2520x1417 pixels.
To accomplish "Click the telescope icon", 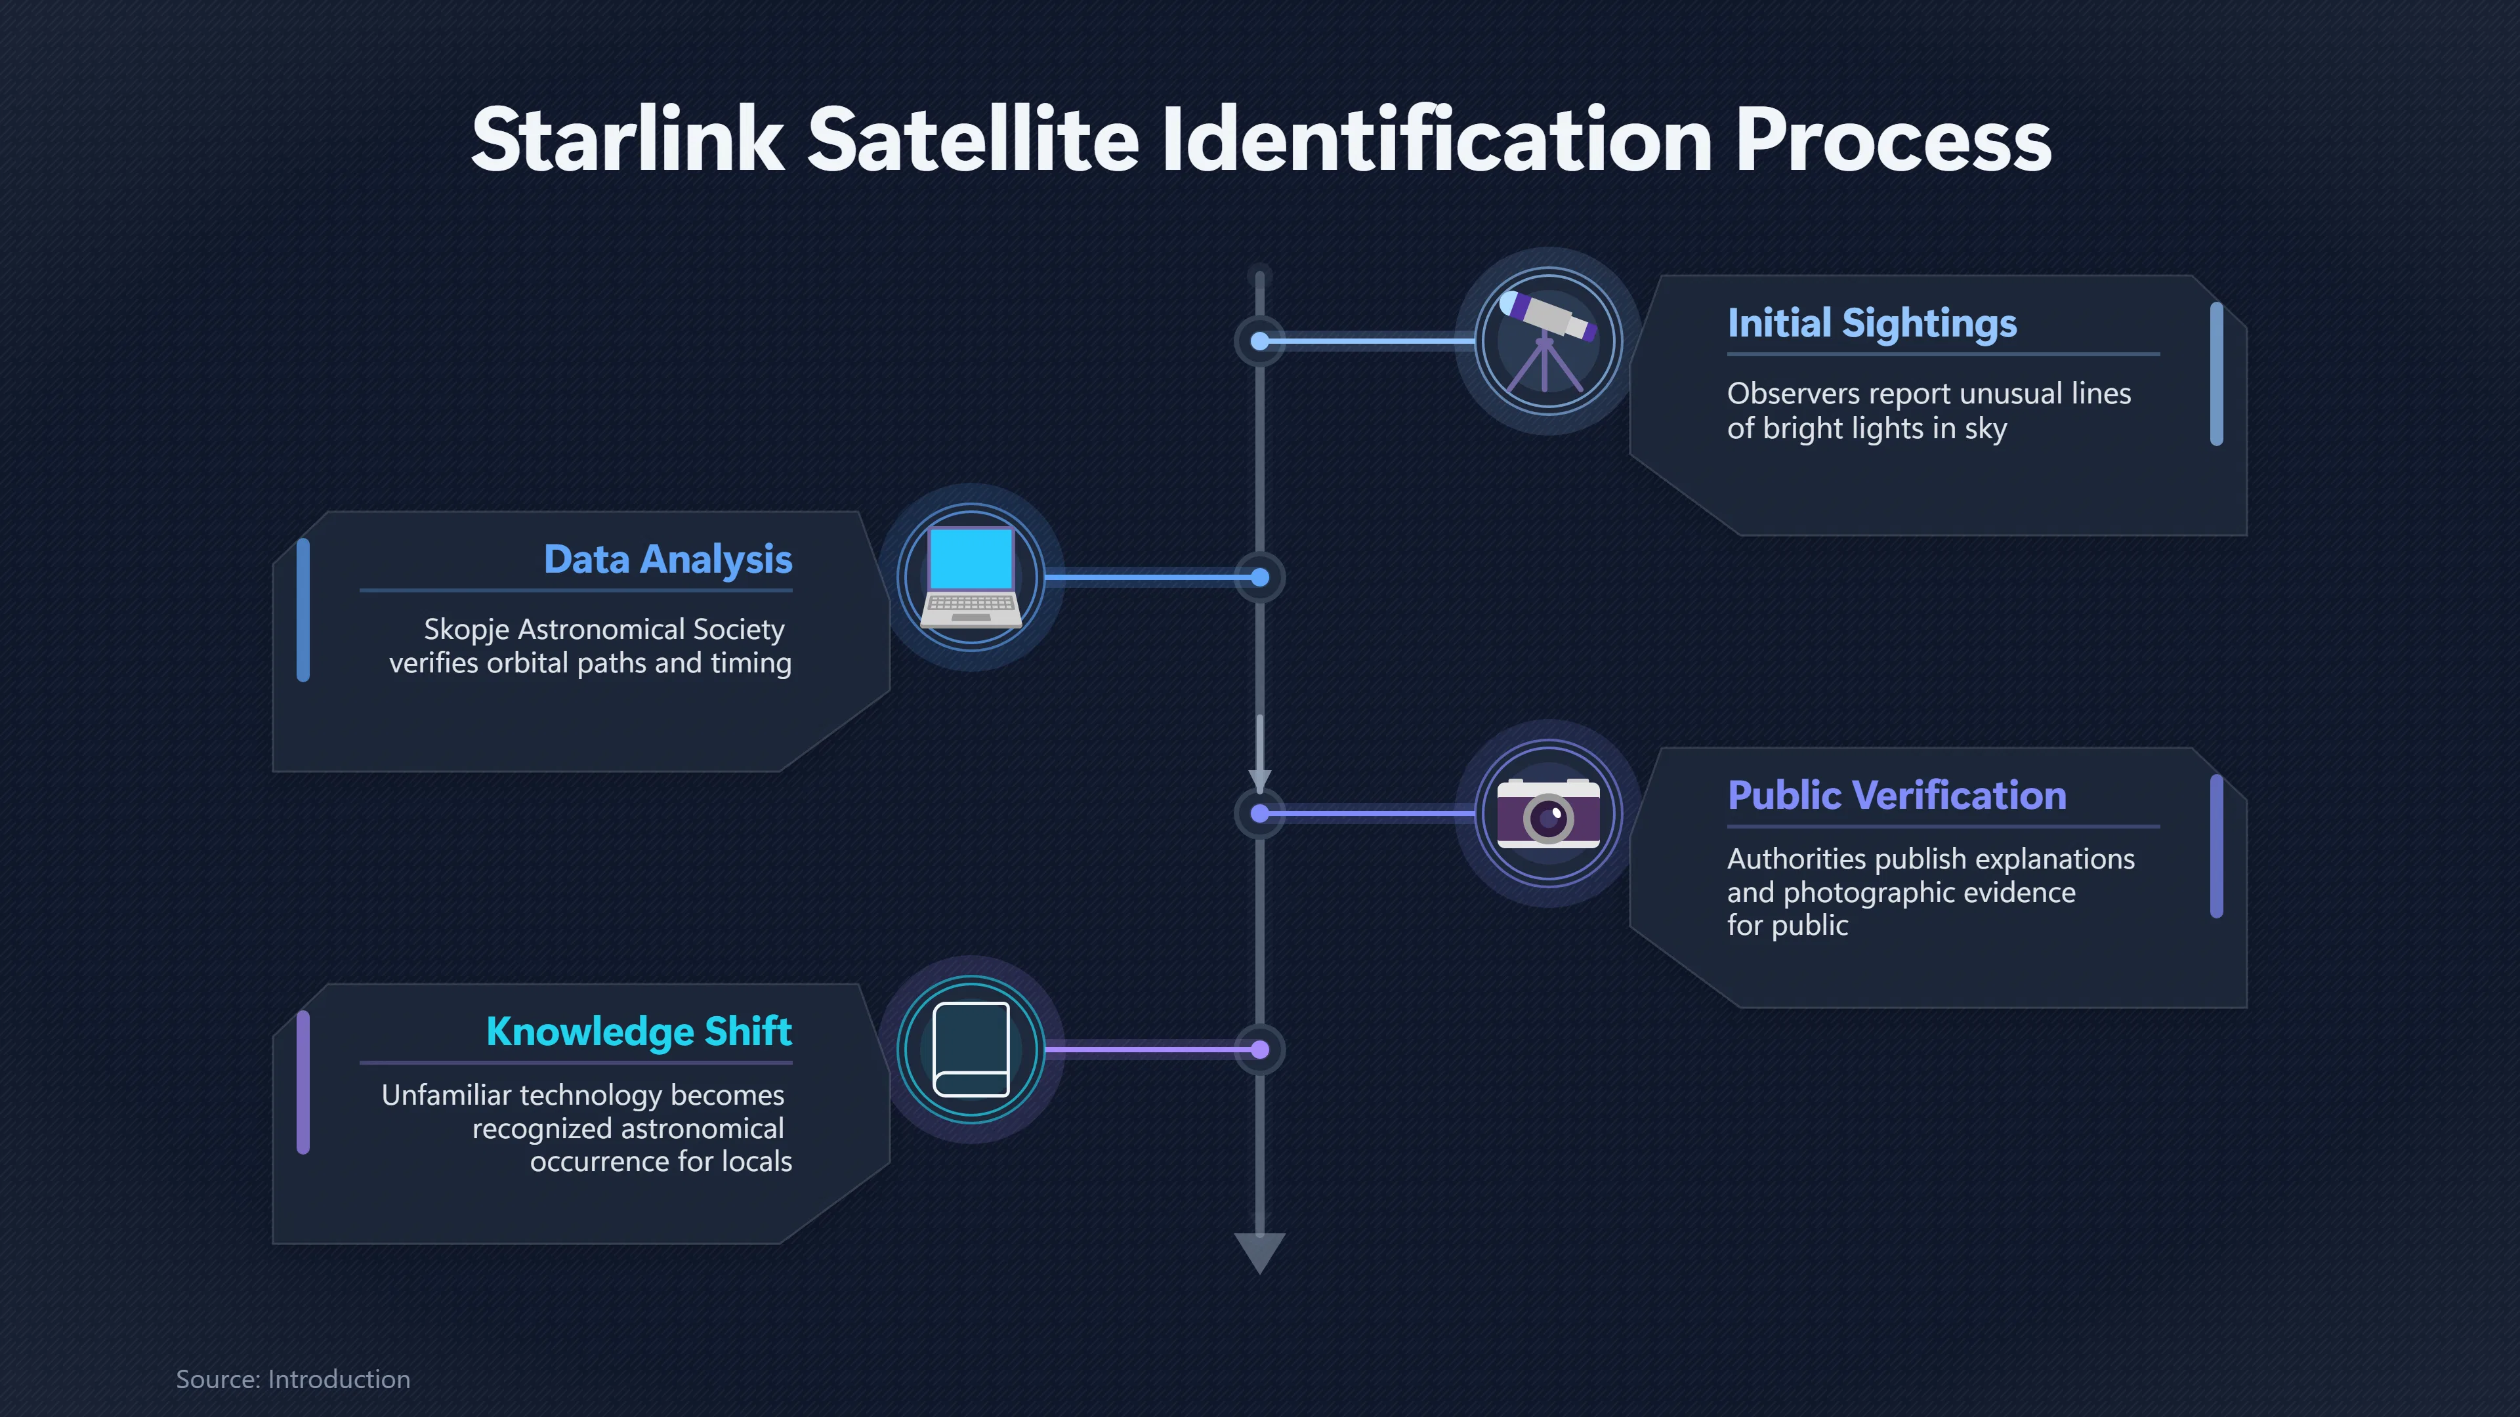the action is [1547, 340].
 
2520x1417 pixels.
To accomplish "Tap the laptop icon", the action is [971, 577].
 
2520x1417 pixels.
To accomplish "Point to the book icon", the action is [971, 1050].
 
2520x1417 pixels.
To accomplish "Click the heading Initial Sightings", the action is [1872, 323].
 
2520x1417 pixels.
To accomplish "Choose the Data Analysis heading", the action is [668, 560].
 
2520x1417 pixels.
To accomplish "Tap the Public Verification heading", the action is [1897, 795].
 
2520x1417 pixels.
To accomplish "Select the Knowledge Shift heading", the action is [639, 1032].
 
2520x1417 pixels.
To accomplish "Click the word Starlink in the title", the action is [627, 140].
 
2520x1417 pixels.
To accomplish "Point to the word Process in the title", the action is [1893, 140].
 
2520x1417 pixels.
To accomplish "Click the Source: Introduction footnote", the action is [293, 1379].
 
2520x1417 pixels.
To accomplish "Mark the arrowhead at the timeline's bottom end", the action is [1260, 1252].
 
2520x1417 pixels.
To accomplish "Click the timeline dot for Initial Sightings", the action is [1260, 341].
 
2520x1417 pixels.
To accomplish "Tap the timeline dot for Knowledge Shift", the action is [1260, 1050].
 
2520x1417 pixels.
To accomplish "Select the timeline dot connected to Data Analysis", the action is [1260, 577].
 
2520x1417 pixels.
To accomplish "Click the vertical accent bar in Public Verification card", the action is [2217, 846].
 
